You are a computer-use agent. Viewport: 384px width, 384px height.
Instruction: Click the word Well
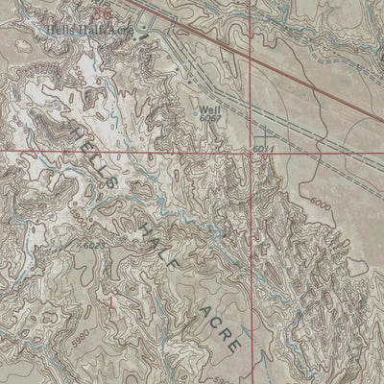210,109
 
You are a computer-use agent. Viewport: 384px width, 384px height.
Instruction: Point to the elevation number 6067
211,118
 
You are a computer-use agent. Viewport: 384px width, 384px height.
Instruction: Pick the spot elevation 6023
89,247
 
